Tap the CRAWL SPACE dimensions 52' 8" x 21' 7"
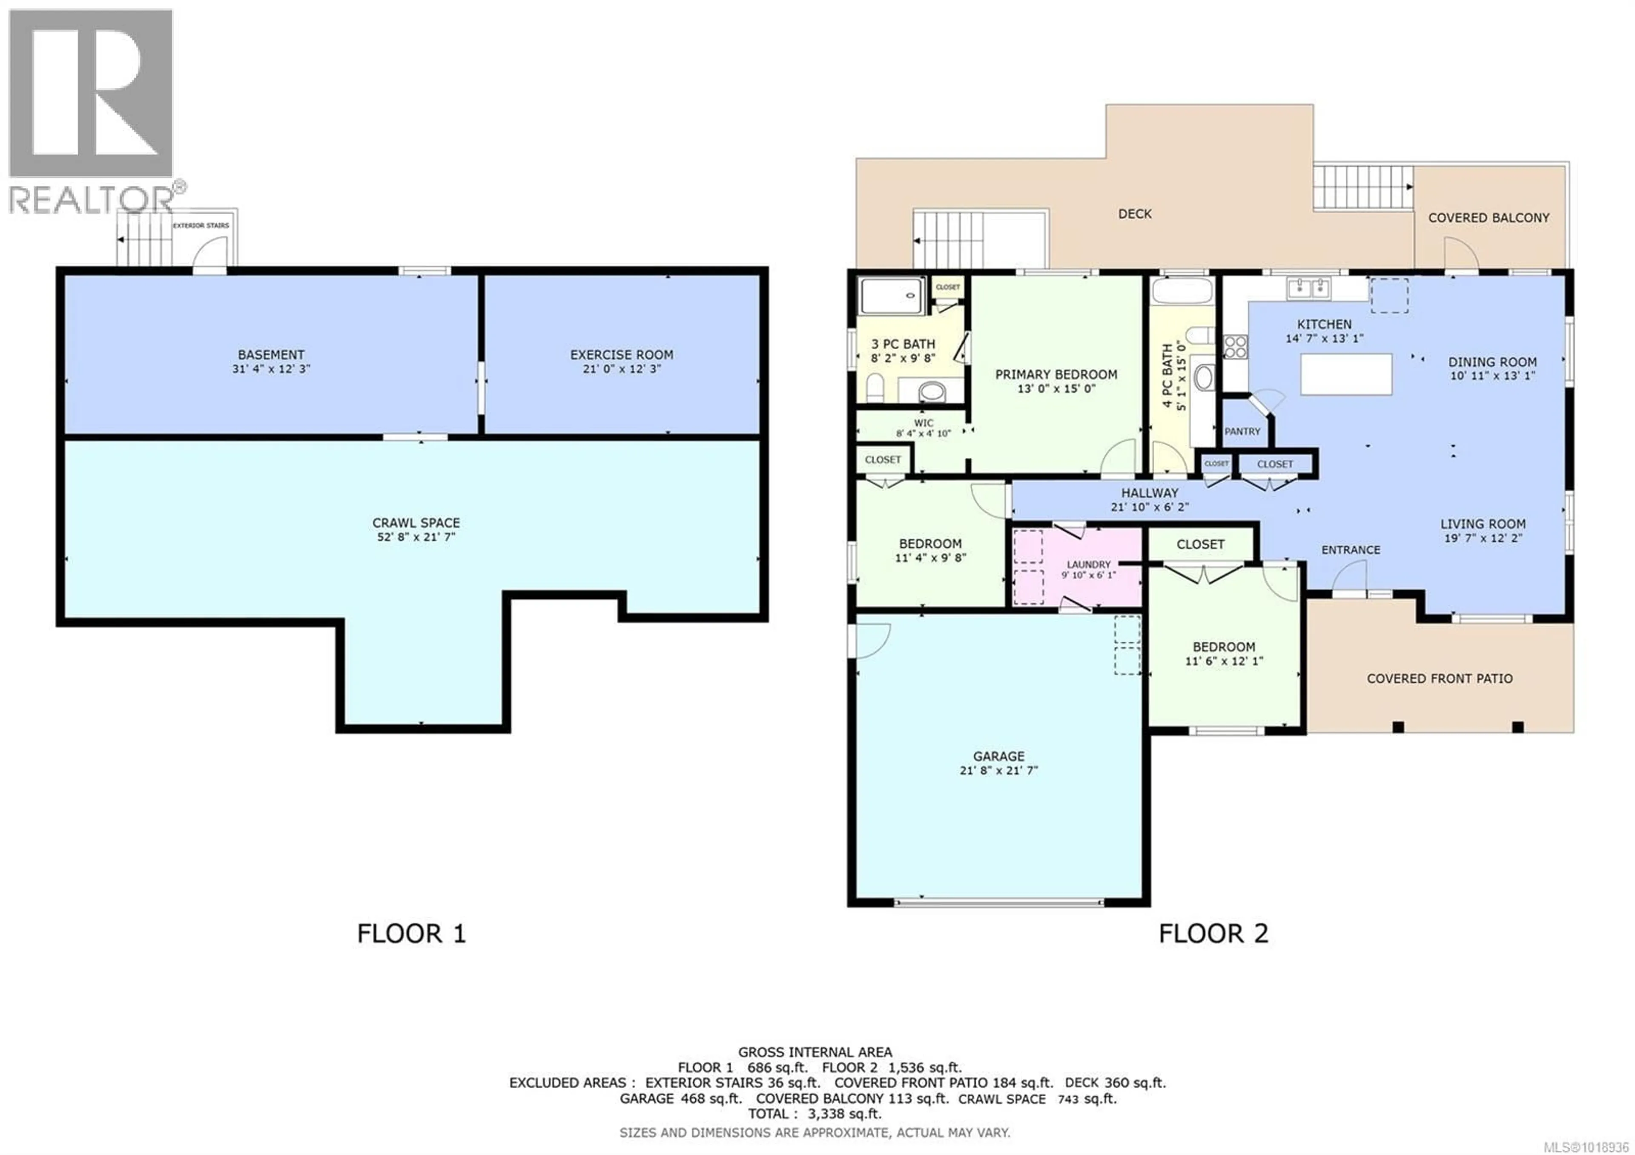coord(416,537)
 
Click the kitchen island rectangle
coord(1346,374)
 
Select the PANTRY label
coord(1242,431)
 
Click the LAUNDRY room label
coord(1088,564)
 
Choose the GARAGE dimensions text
coord(998,770)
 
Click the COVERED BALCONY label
coord(1488,218)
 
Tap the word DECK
coord(1134,214)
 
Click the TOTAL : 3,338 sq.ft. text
coord(814,1114)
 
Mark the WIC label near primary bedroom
coord(924,423)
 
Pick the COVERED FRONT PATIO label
coord(1439,678)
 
